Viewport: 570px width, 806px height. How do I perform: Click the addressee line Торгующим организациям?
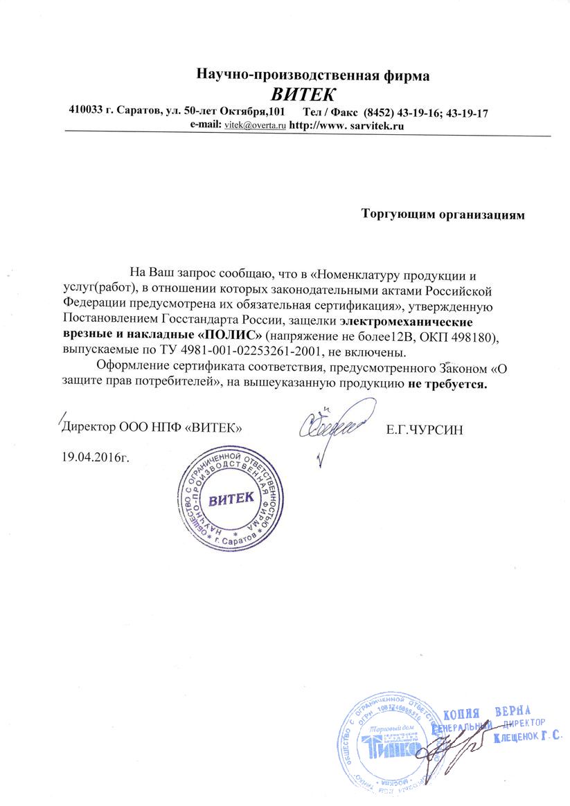pyautogui.click(x=443, y=214)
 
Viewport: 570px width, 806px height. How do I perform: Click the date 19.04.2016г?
pyautogui.click(x=96, y=457)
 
